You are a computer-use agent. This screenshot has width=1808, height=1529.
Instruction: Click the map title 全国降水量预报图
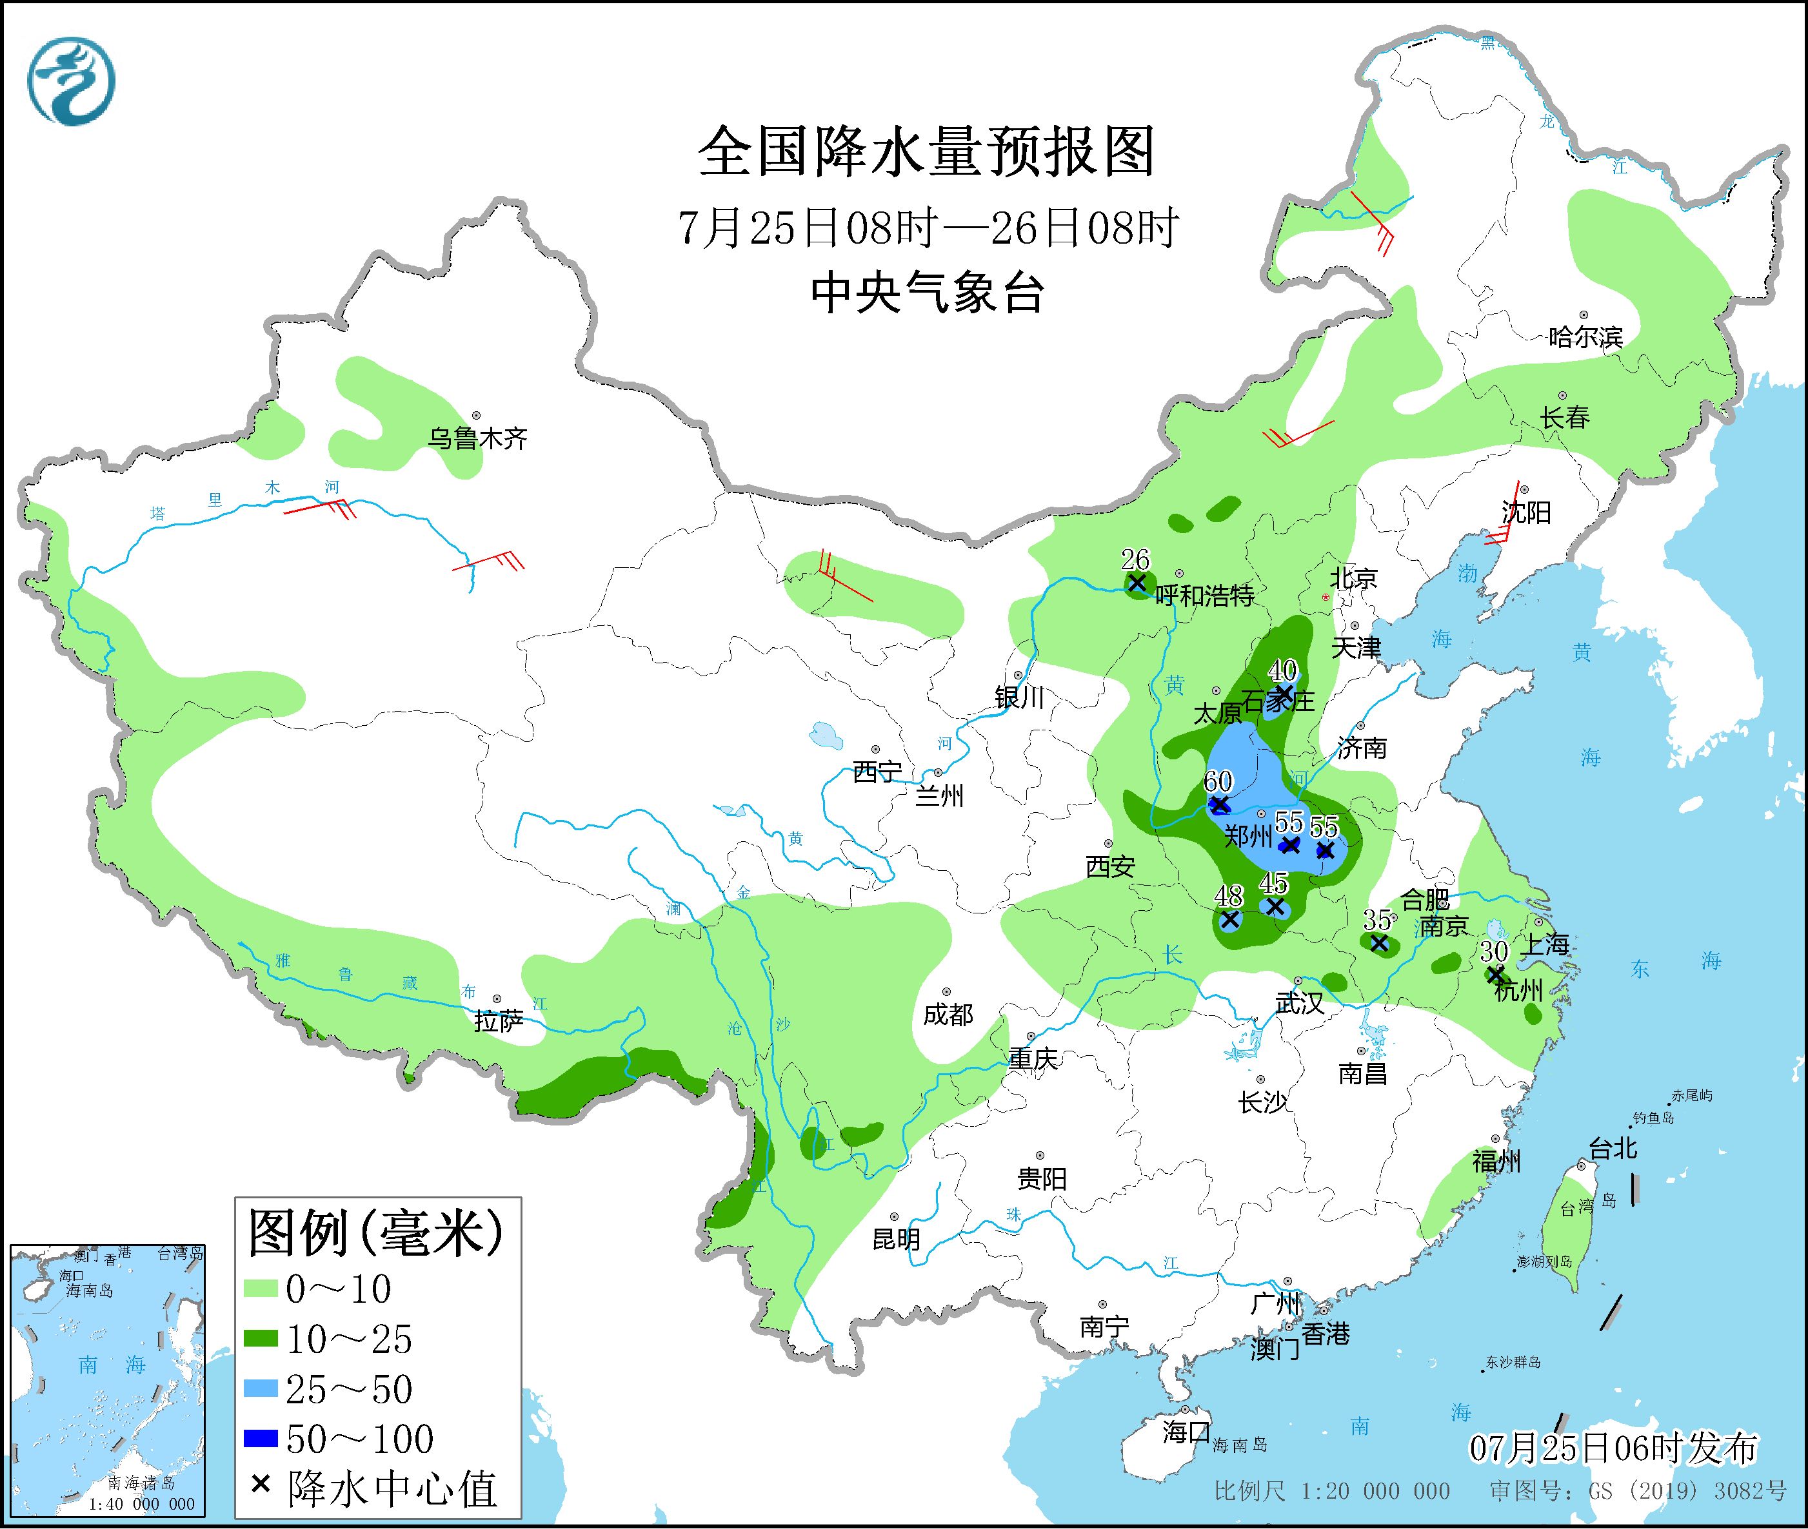926,151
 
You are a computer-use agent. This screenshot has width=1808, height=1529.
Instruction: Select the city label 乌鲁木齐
477,438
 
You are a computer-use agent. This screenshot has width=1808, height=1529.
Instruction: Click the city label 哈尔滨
1585,337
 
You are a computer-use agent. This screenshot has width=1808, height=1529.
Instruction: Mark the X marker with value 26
1137,583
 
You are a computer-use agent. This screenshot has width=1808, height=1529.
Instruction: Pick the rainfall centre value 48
1229,895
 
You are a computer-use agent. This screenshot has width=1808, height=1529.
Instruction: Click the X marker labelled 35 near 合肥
1379,942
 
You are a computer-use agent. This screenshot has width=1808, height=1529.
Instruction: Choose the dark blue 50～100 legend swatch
259,1439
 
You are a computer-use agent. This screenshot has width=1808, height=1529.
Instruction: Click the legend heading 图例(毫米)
375,1233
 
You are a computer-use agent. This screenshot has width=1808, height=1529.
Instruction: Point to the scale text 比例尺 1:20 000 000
1331,1491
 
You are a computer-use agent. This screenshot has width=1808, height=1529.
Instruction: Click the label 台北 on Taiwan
1612,1149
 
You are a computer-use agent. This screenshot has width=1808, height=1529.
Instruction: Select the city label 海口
1186,1432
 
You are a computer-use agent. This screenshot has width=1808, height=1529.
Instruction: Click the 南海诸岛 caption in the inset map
142,1484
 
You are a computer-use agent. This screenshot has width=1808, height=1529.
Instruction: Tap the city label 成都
948,1014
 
